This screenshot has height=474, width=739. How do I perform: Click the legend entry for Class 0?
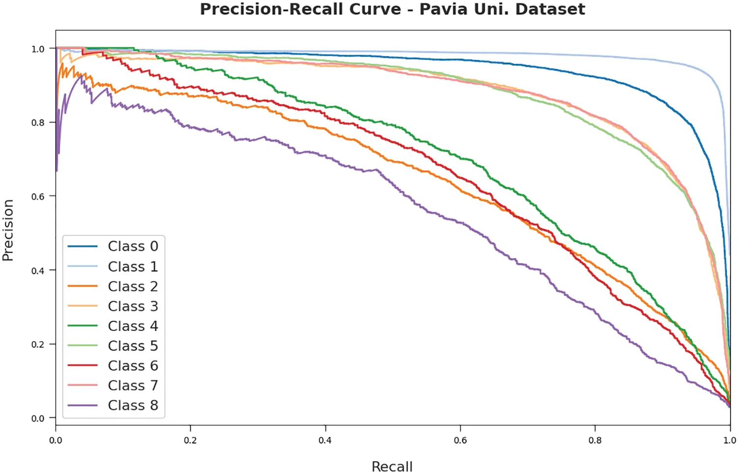point(133,246)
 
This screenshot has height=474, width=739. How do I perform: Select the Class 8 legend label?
point(133,406)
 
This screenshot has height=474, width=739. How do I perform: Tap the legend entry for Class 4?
point(133,326)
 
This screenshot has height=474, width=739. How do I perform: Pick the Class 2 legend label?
point(133,286)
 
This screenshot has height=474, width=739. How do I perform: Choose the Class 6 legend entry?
point(133,366)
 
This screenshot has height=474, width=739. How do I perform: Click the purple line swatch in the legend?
point(83,406)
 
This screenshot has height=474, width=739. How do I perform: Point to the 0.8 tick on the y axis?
point(38,122)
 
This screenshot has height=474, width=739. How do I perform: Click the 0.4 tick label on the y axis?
point(38,271)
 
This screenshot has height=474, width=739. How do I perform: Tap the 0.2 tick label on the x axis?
point(190,440)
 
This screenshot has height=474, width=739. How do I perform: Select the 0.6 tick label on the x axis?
point(460,440)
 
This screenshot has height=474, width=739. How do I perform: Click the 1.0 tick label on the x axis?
point(730,440)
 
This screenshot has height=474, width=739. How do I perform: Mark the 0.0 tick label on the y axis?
point(38,418)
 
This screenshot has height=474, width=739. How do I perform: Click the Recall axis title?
point(392,466)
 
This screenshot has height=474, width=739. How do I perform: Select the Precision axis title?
point(8,230)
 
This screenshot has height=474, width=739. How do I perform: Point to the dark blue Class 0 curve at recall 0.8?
point(595,77)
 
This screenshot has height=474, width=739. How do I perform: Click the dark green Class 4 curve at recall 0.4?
point(325,106)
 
